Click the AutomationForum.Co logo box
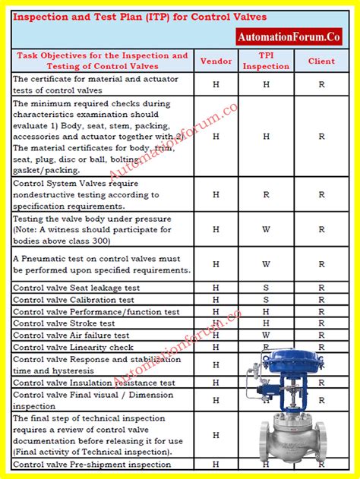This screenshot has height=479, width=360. [289, 36]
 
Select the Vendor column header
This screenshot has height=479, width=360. [216, 61]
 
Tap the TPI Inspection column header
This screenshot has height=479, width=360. [266, 61]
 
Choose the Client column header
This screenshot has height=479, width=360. [321, 61]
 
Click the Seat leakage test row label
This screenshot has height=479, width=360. [77, 288]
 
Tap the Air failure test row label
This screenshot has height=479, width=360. [71, 335]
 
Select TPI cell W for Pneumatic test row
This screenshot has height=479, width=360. [266, 264]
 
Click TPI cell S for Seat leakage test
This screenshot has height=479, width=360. [266, 288]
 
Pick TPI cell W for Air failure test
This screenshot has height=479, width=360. [266, 335]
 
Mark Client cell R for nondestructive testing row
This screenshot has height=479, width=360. [321, 195]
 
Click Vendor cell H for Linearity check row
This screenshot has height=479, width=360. [216, 347]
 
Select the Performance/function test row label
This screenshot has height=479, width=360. [96, 312]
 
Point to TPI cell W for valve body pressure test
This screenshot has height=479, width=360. [266, 230]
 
